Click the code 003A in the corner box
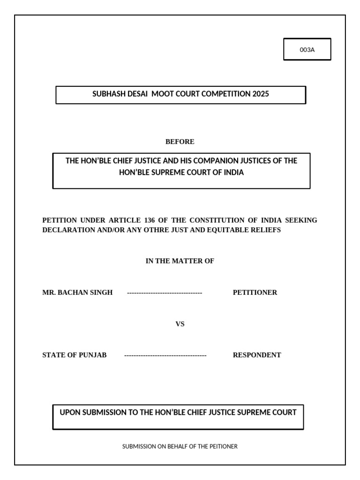[307, 50]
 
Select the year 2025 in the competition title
[261, 94]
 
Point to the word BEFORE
[180, 142]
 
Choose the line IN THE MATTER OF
[180, 261]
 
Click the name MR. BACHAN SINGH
[77, 292]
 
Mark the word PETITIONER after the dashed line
[255, 292]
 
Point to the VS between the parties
[180, 324]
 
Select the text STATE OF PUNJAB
[75, 355]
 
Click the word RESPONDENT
[257, 355]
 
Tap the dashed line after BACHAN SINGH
[165, 292]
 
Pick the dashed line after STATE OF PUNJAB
[165, 355]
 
